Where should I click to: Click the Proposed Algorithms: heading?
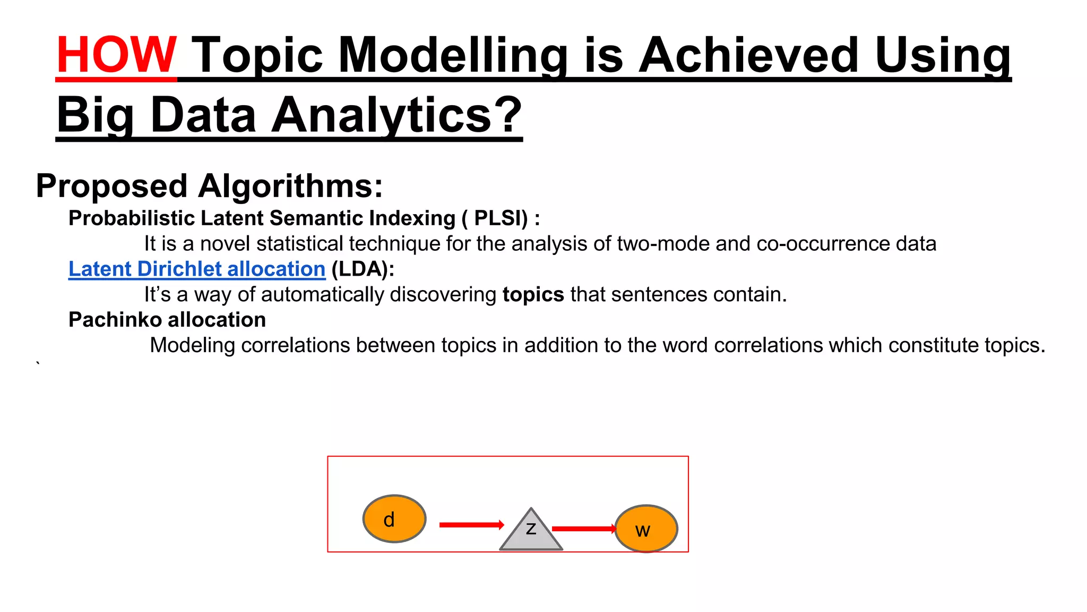pyautogui.click(x=209, y=186)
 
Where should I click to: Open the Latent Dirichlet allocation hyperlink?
pyautogui.click(x=197, y=269)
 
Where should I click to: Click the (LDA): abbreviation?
pyautogui.click(x=363, y=269)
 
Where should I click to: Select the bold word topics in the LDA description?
pyautogui.click(x=533, y=295)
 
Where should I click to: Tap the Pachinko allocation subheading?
pyautogui.click(x=167, y=320)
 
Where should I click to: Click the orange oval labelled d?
pyautogui.click(x=394, y=518)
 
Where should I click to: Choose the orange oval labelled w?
pyautogui.click(x=646, y=529)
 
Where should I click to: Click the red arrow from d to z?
pyautogui.click(x=471, y=525)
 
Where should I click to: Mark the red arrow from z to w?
pyautogui.click(x=583, y=529)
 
